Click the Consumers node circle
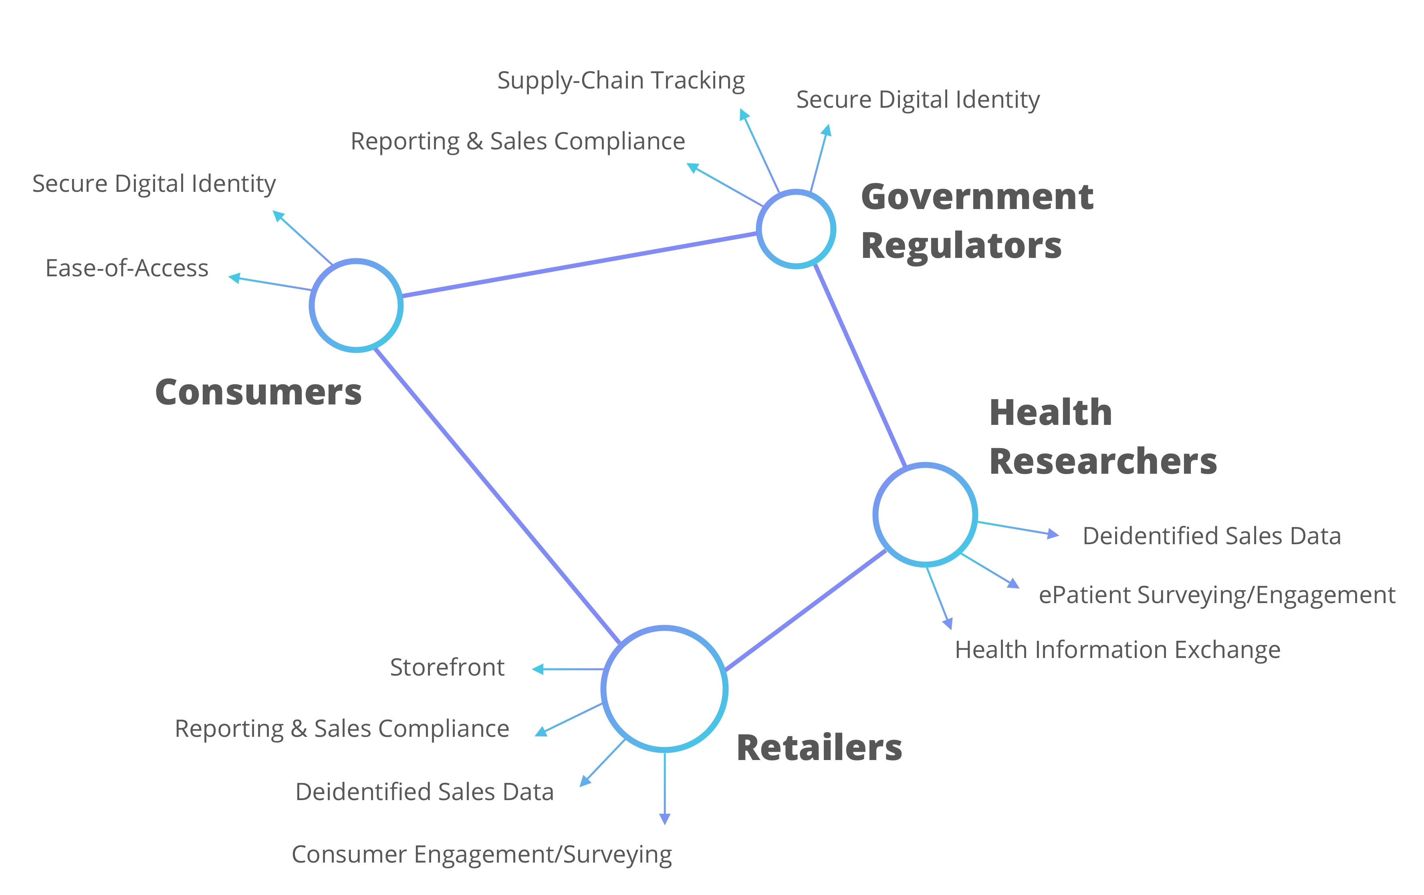(356, 305)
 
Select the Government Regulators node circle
(796, 229)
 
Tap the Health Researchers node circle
(925, 514)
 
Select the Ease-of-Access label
(127, 268)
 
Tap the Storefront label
(447, 668)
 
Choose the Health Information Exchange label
(1117, 650)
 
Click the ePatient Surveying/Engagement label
(1216, 595)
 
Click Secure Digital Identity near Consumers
(154, 184)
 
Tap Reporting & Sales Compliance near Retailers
(342, 729)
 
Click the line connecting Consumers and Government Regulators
(579, 264)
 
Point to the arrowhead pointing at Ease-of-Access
(234, 277)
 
